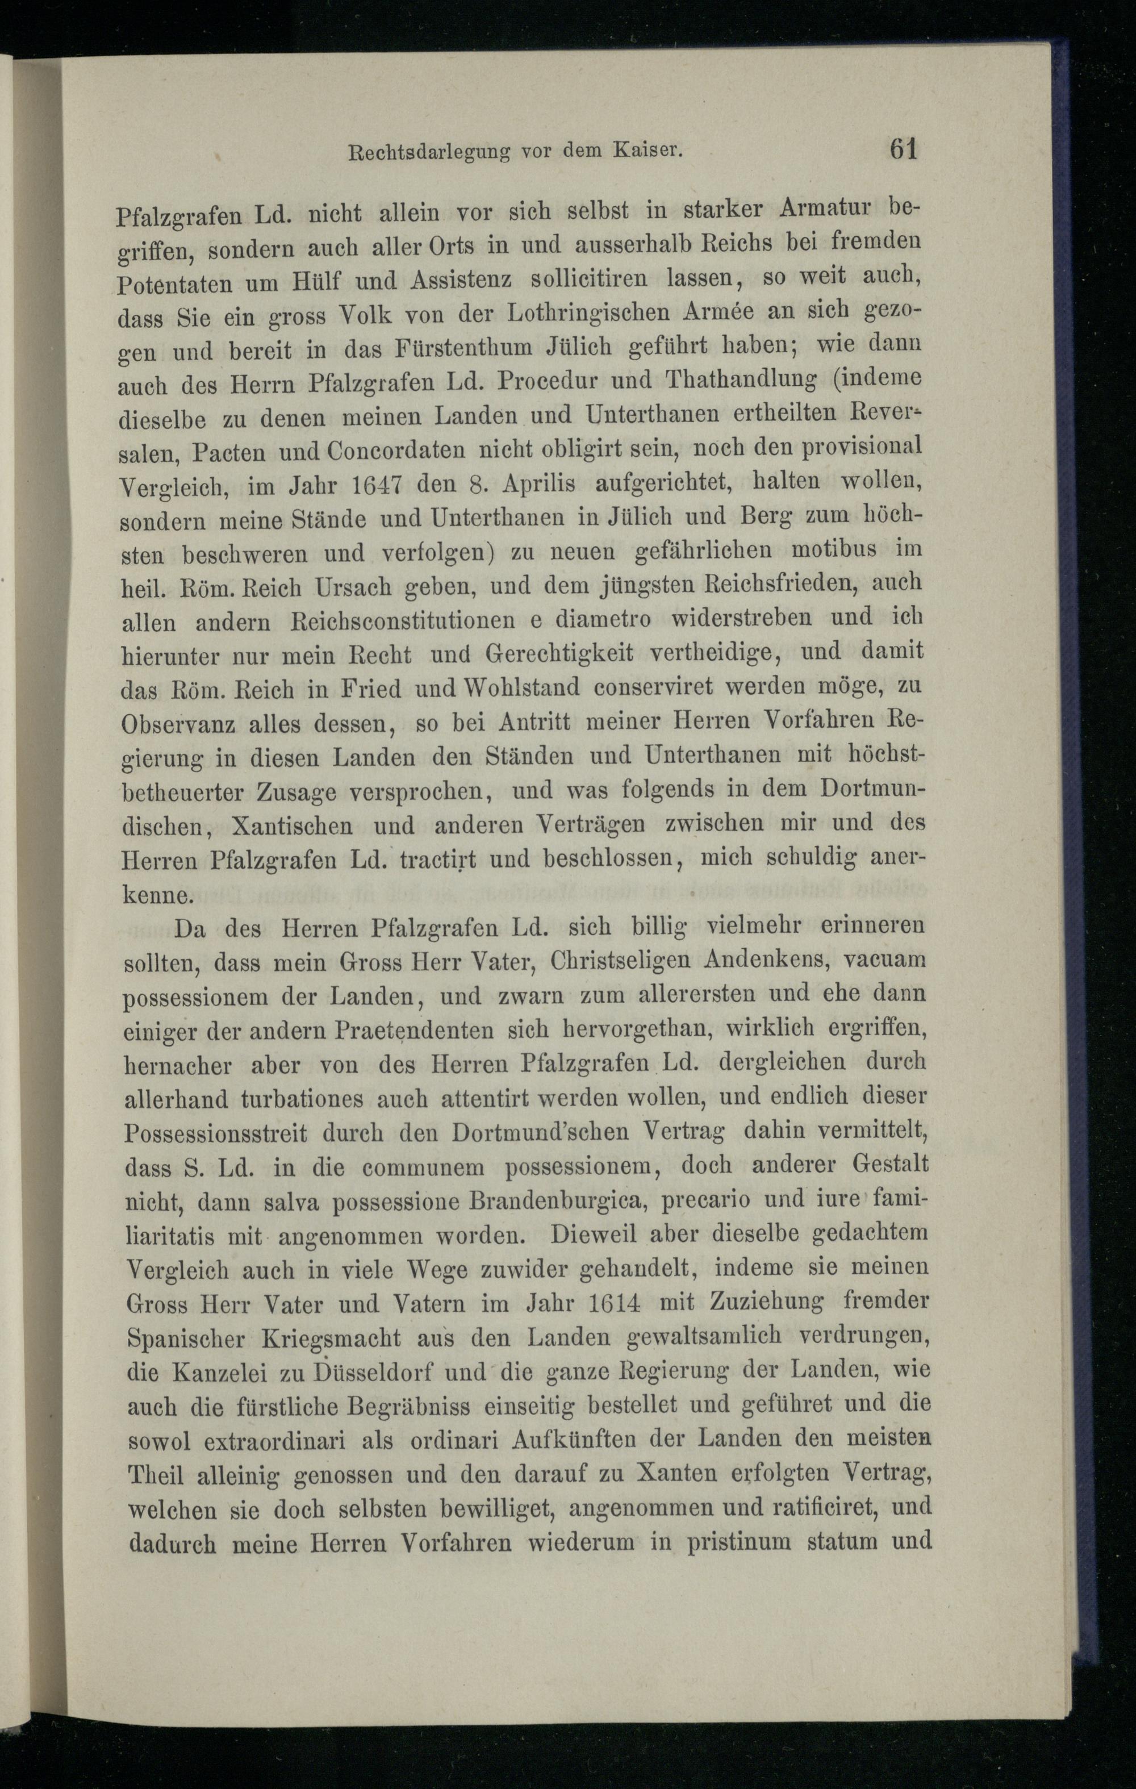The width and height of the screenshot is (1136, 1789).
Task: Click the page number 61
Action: point(903,149)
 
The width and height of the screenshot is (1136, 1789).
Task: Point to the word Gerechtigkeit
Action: point(559,653)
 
